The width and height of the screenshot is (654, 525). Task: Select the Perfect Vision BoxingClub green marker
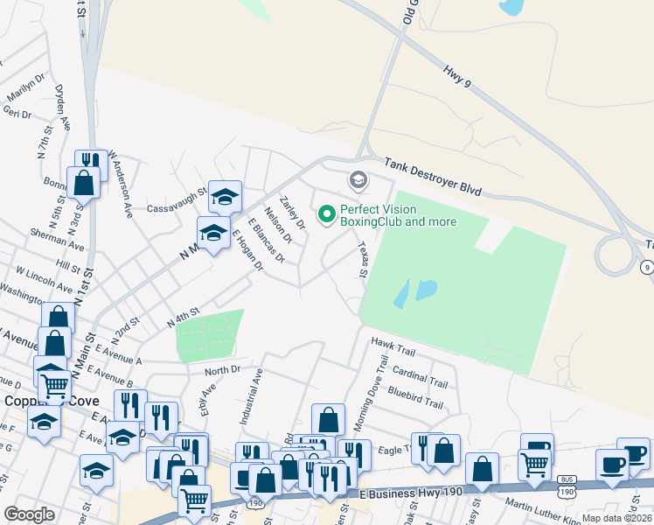(x=327, y=213)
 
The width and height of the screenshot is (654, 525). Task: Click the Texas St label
(x=362, y=261)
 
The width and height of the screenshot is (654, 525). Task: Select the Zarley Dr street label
(x=292, y=212)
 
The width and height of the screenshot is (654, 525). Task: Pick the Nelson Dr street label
(x=277, y=225)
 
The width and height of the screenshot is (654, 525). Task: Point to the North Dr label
(x=222, y=370)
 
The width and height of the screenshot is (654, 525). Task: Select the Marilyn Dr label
(x=25, y=87)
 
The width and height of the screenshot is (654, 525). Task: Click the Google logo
(x=29, y=514)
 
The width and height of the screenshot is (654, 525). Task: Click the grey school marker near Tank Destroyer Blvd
(x=358, y=181)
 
